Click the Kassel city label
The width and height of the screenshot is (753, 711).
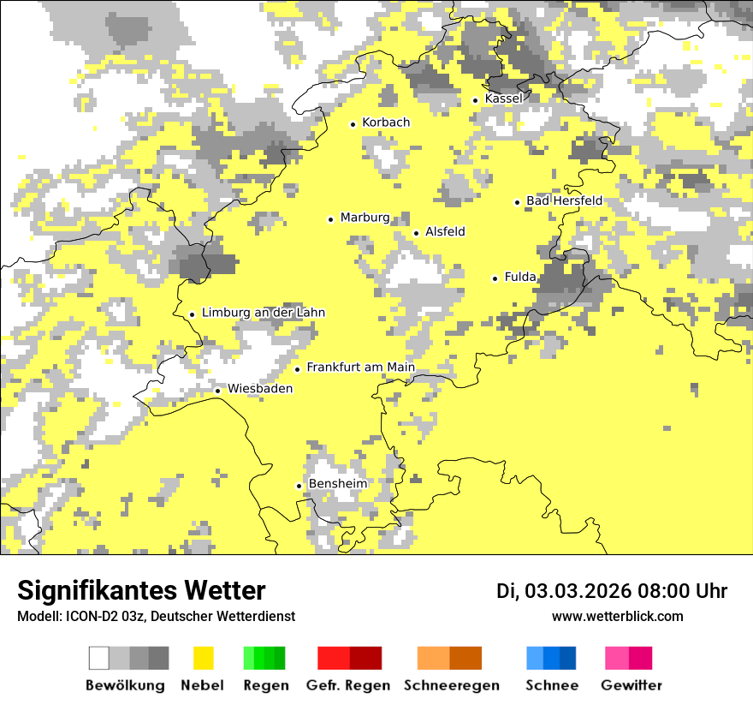pos(503,99)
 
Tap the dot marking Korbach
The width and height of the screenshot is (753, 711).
pos(353,124)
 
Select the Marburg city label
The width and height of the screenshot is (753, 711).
pos(365,218)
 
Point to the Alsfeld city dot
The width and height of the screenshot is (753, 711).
pos(417,233)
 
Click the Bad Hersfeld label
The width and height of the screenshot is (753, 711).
pos(564,201)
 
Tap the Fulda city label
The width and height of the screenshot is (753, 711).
pos(520,277)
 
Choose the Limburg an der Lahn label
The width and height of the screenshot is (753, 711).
pos(264,313)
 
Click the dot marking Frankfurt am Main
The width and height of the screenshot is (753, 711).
pos(298,369)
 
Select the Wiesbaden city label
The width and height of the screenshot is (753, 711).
pos(260,389)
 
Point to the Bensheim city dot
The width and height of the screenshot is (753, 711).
pos(299,486)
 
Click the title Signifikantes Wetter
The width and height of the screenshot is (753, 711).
pos(141,591)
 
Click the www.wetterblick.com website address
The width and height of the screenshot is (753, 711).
pos(618,616)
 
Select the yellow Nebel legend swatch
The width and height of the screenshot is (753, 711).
pos(203,658)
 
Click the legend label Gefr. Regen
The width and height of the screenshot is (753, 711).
pos(348,685)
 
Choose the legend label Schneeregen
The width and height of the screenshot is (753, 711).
pos(452,685)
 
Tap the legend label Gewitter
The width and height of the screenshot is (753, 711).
pos(631,685)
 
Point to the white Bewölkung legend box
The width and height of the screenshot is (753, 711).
pos(99,658)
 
